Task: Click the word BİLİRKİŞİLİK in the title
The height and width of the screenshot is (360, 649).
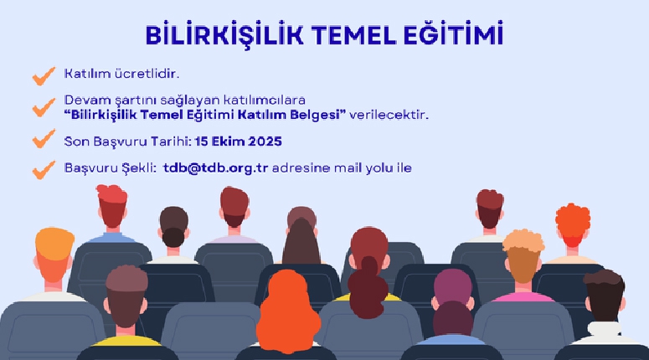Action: click(x=224, y=34)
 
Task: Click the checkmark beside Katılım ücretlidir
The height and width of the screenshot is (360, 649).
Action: click(x=44, y=76)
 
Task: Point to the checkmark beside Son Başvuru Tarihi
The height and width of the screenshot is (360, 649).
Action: click(x=44, y=139)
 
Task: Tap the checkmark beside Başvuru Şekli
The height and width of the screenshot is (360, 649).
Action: click(x=44, y=170)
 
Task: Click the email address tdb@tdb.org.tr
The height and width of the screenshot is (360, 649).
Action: click(x=216, y=168)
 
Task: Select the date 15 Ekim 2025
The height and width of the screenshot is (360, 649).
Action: click(x=238, y=141)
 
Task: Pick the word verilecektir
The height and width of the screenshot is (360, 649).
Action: click(x=389, y=115)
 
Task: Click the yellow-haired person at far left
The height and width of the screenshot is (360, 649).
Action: click(x=54, y=265)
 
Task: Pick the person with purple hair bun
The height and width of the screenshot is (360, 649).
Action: click(x=452, y=306)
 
